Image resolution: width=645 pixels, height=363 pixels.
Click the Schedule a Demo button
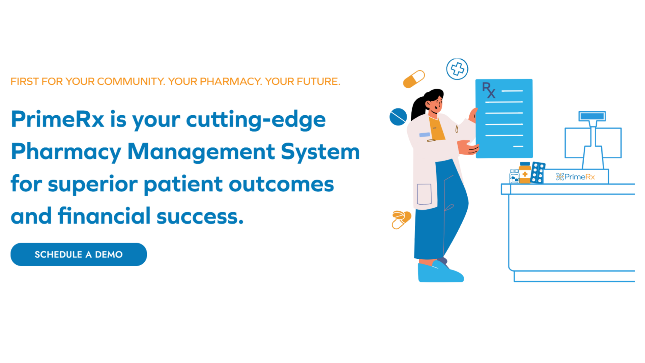(78, 254)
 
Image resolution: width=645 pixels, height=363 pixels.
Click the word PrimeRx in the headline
(57, 119)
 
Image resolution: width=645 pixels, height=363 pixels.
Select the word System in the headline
(320, 152)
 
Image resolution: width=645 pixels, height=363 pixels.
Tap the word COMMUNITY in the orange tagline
(131, 81)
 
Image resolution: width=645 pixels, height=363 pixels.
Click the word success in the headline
(200, 216)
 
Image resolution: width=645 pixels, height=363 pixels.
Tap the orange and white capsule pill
(414, 79)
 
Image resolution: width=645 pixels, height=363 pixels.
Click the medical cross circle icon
(457, 69)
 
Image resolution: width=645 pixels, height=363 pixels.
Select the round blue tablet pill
(398, 117)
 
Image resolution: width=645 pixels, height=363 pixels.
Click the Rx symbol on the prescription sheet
(488, 90)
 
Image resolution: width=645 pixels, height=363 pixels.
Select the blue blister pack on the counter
(538, 173)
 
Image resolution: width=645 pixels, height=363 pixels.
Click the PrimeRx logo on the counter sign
(575, 177)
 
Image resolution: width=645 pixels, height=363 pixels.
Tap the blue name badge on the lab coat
(425, 135)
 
